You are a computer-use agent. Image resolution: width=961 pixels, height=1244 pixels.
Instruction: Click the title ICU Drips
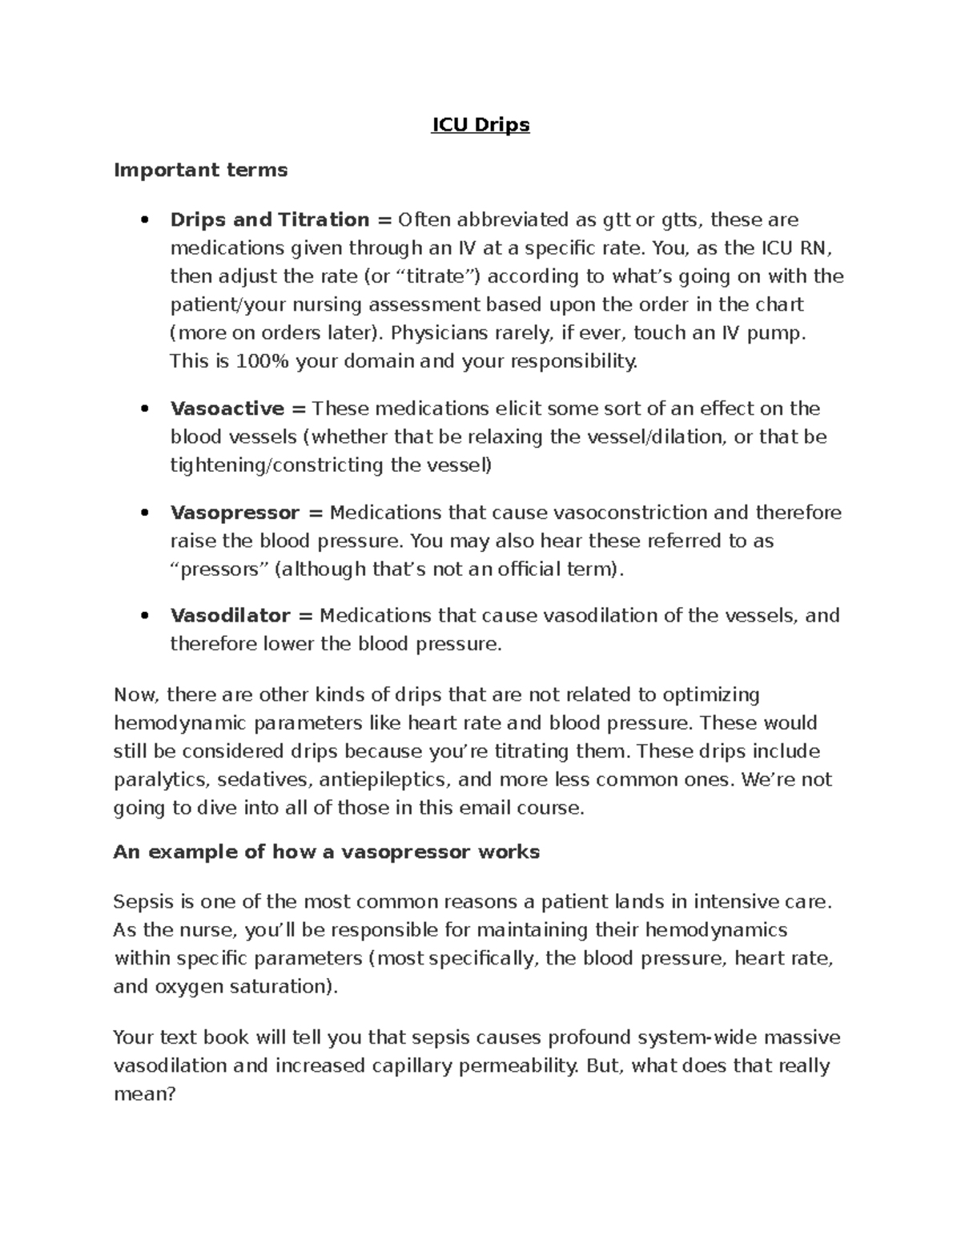480,125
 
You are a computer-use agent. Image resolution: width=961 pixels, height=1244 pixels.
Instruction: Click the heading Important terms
200,170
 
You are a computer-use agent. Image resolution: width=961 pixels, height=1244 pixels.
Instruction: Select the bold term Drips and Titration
270,219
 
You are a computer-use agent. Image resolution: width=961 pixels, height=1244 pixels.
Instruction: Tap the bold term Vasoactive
227,409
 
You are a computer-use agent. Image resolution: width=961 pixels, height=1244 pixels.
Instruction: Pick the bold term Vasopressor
235,513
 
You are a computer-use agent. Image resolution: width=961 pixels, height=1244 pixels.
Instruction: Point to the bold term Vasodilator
231,616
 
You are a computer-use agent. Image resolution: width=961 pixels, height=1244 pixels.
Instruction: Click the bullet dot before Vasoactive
145,409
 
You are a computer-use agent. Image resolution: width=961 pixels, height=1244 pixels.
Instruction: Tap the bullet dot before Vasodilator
145,617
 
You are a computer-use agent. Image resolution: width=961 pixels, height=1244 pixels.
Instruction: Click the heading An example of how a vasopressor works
327,851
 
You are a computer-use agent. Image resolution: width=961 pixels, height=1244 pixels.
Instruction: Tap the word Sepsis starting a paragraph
143,902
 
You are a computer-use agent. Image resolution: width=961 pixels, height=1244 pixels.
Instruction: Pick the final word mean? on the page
144,1094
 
